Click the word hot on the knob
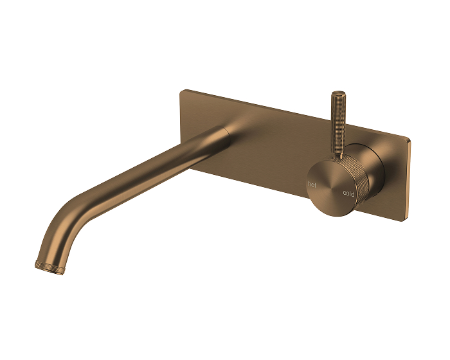[x=312, y=184]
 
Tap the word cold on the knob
[x=348, y=193]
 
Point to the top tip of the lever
[x=336, y=94]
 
